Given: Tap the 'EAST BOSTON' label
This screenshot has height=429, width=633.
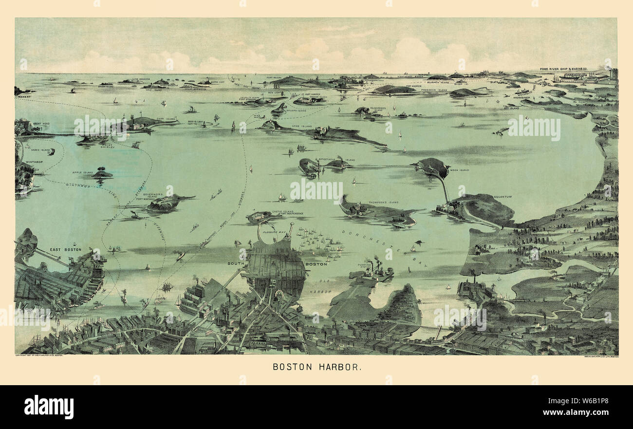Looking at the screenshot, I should (x=65, y=249).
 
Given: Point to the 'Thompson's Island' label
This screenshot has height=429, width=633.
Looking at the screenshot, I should (x=383, y=202).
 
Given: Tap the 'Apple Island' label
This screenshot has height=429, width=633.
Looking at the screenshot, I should (x=82, y=172).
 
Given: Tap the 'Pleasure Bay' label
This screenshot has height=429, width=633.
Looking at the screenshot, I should (x=270, y=233).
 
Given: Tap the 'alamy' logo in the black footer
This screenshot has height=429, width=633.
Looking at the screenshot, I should (x=49, y=407).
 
